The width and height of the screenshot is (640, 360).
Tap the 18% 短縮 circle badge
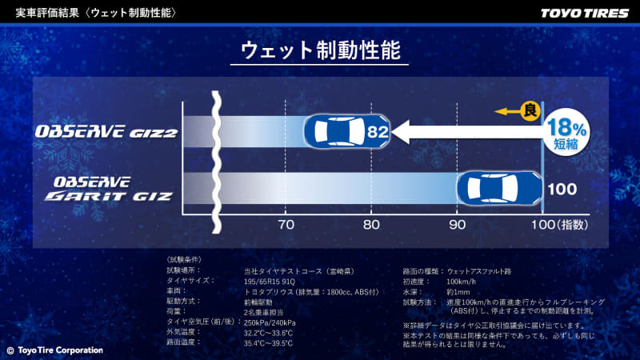pyautogui.click(x=567, y=131)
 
